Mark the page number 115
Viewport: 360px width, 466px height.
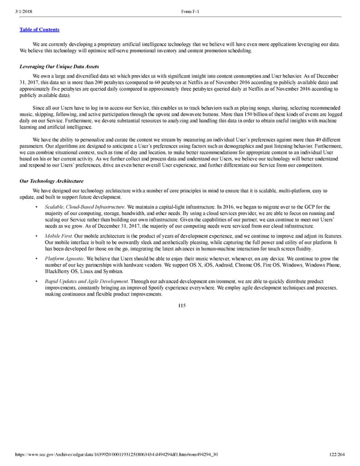coord(182,306)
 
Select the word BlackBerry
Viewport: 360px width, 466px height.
coord(60,271)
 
